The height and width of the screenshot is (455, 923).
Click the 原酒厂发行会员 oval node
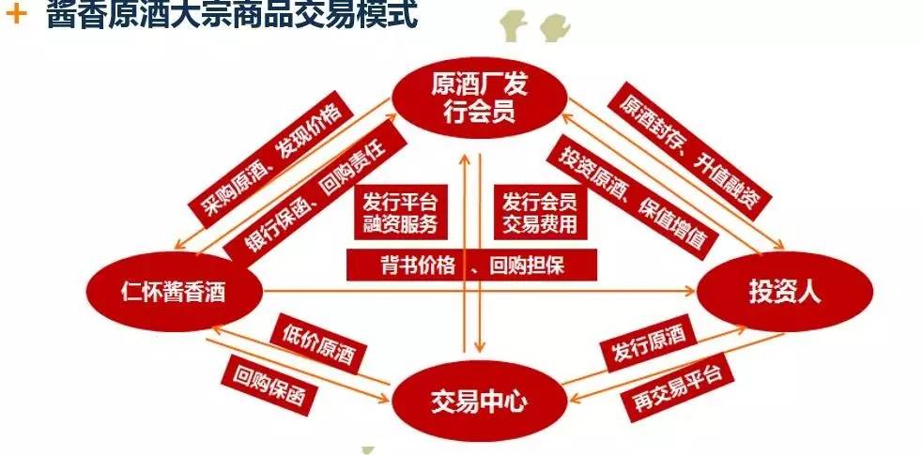point(479,99)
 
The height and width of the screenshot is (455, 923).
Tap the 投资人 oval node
point(785,293)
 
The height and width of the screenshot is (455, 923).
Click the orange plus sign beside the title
point(15,16)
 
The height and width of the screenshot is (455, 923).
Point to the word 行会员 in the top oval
point(479,114)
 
